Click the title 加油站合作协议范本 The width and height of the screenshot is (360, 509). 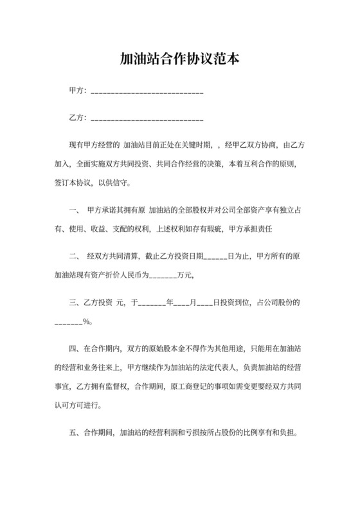point(180,59)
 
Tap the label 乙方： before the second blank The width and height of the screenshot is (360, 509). point(77,119)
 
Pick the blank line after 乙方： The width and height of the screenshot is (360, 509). point(148,120)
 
